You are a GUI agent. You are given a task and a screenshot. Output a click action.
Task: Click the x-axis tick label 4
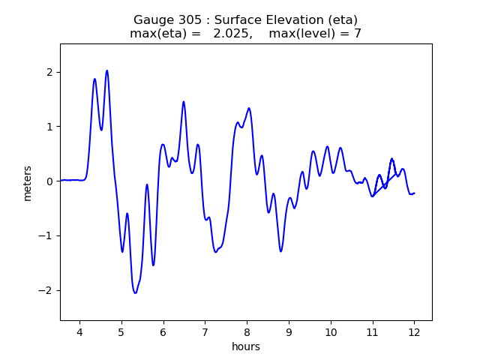79,333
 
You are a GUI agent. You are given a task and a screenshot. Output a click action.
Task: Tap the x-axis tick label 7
205,333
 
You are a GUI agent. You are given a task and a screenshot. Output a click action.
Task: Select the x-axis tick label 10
330,333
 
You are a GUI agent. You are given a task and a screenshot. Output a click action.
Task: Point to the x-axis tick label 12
414,333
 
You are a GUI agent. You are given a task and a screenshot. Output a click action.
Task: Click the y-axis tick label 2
49,72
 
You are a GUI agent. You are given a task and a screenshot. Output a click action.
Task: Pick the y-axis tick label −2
46,291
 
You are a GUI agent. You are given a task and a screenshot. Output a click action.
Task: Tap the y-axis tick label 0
49,181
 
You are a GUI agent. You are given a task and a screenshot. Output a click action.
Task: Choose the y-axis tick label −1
46,236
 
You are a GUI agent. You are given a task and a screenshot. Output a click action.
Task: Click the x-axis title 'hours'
246,347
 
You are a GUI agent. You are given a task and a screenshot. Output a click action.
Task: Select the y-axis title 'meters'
28,183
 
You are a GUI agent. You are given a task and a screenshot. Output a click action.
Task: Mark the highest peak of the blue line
106,70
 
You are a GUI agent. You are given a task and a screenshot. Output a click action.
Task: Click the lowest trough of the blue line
135,292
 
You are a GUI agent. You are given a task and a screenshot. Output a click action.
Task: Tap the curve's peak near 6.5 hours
183,102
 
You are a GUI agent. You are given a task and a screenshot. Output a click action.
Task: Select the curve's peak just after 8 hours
248,108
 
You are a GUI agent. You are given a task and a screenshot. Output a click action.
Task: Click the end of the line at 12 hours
414,193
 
